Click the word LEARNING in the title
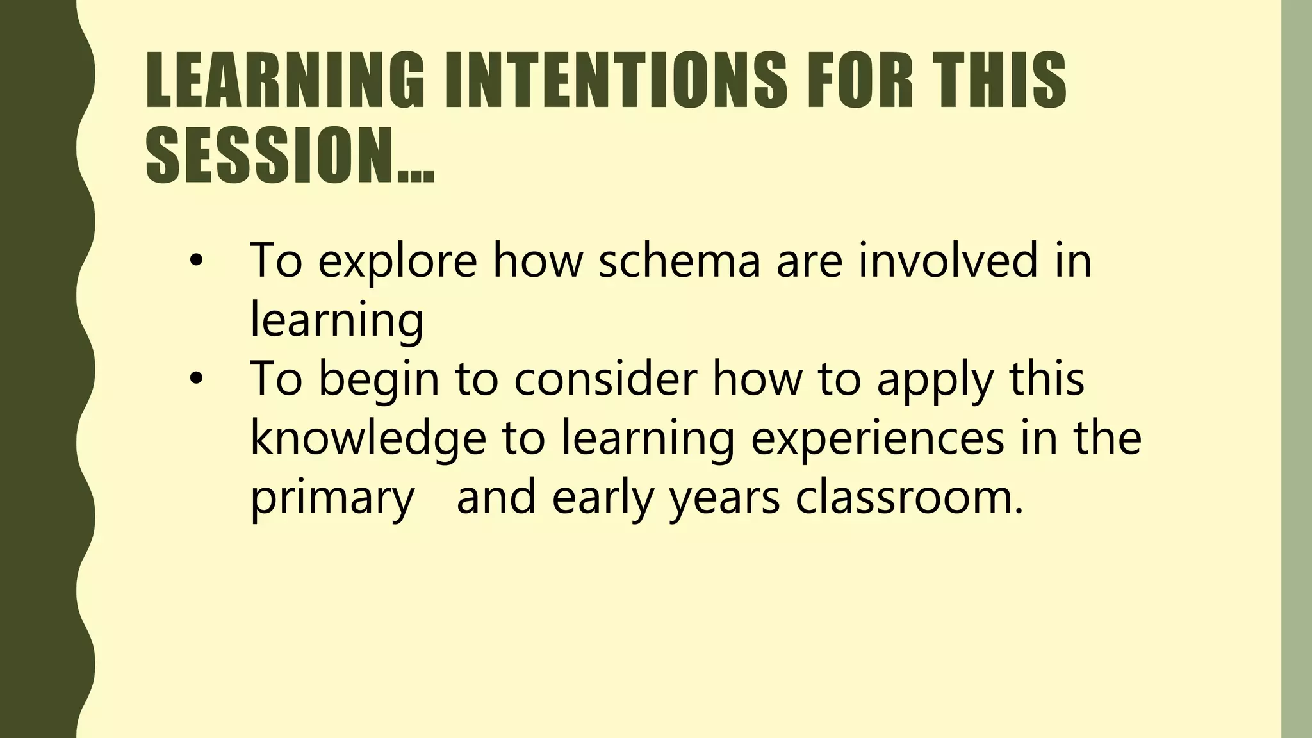pyautogui.click(x=284, y=79)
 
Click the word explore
pyautogui.click(x=397, y=261)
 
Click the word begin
pyautogui.click(x=379, y=379)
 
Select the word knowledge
pyautogui.click(x=368, y=439)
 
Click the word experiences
pyautogui.click(x=877, y=439)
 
